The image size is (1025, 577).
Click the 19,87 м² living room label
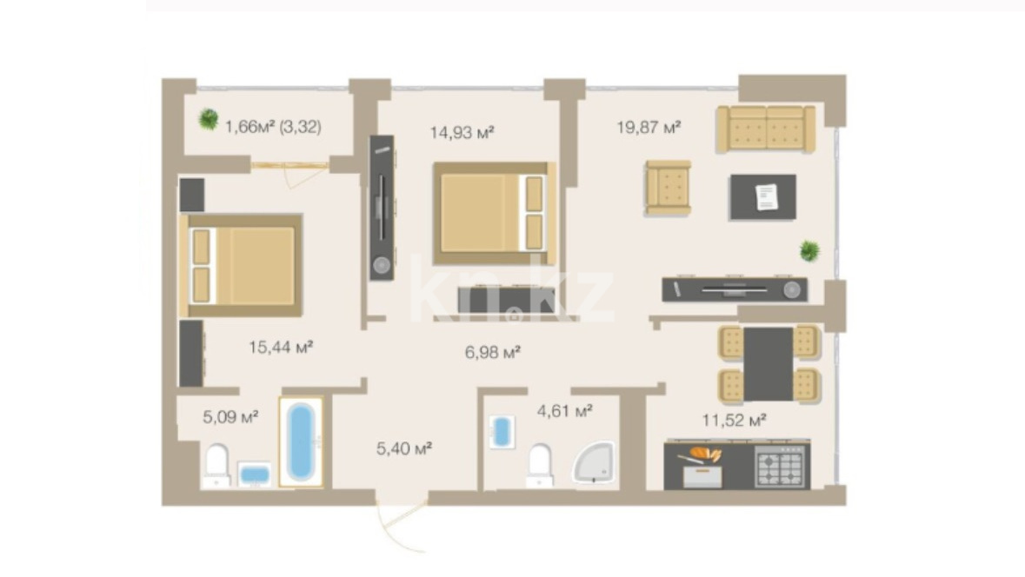click(649, 127)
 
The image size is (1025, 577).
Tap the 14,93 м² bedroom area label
click(462, 133)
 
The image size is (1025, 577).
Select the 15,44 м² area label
click(281, 347)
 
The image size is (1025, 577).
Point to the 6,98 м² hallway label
click(492, 353)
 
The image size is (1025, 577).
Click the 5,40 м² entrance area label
click(404, 449)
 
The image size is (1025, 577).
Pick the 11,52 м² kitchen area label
click(734, 421)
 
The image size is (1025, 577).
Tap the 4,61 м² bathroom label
click(565, 411)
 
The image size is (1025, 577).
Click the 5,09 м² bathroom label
click(230, 416)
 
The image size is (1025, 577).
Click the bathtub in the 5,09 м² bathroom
click(301, 441)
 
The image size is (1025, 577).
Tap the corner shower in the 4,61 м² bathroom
click(595, 462)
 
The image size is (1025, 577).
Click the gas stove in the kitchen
click(779, 467)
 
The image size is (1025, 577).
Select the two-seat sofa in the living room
click(765, 129)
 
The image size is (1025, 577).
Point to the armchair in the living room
click(668, 188)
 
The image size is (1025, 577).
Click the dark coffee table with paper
click(762, 196)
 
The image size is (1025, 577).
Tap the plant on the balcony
click(209, 119)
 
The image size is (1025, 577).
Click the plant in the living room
click(809, 251)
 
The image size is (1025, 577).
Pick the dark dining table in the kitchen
click(768, 364)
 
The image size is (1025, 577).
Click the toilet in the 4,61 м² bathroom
click(540, 465)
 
